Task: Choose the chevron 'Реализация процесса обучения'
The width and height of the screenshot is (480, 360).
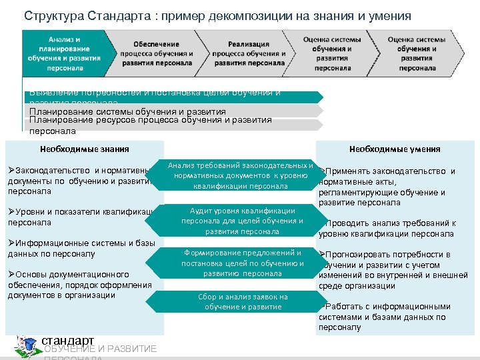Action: [x=247, y=53]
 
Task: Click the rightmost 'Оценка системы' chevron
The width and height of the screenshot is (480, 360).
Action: [x=417, y=53]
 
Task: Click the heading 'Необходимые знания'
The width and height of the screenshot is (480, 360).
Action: [x=84, y=149]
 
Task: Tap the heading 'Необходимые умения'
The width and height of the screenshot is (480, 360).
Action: [x=394, y=149]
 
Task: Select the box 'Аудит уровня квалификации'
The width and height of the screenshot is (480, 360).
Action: [x=242, y=221]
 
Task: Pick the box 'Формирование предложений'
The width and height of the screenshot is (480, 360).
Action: [x=242, y=263]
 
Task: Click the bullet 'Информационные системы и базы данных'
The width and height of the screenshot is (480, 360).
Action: [x=80, y=248]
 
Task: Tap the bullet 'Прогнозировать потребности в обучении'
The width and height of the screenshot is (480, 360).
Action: [x=393, y=270]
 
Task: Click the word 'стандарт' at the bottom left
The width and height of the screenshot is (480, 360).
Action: [x=67, y=341]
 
